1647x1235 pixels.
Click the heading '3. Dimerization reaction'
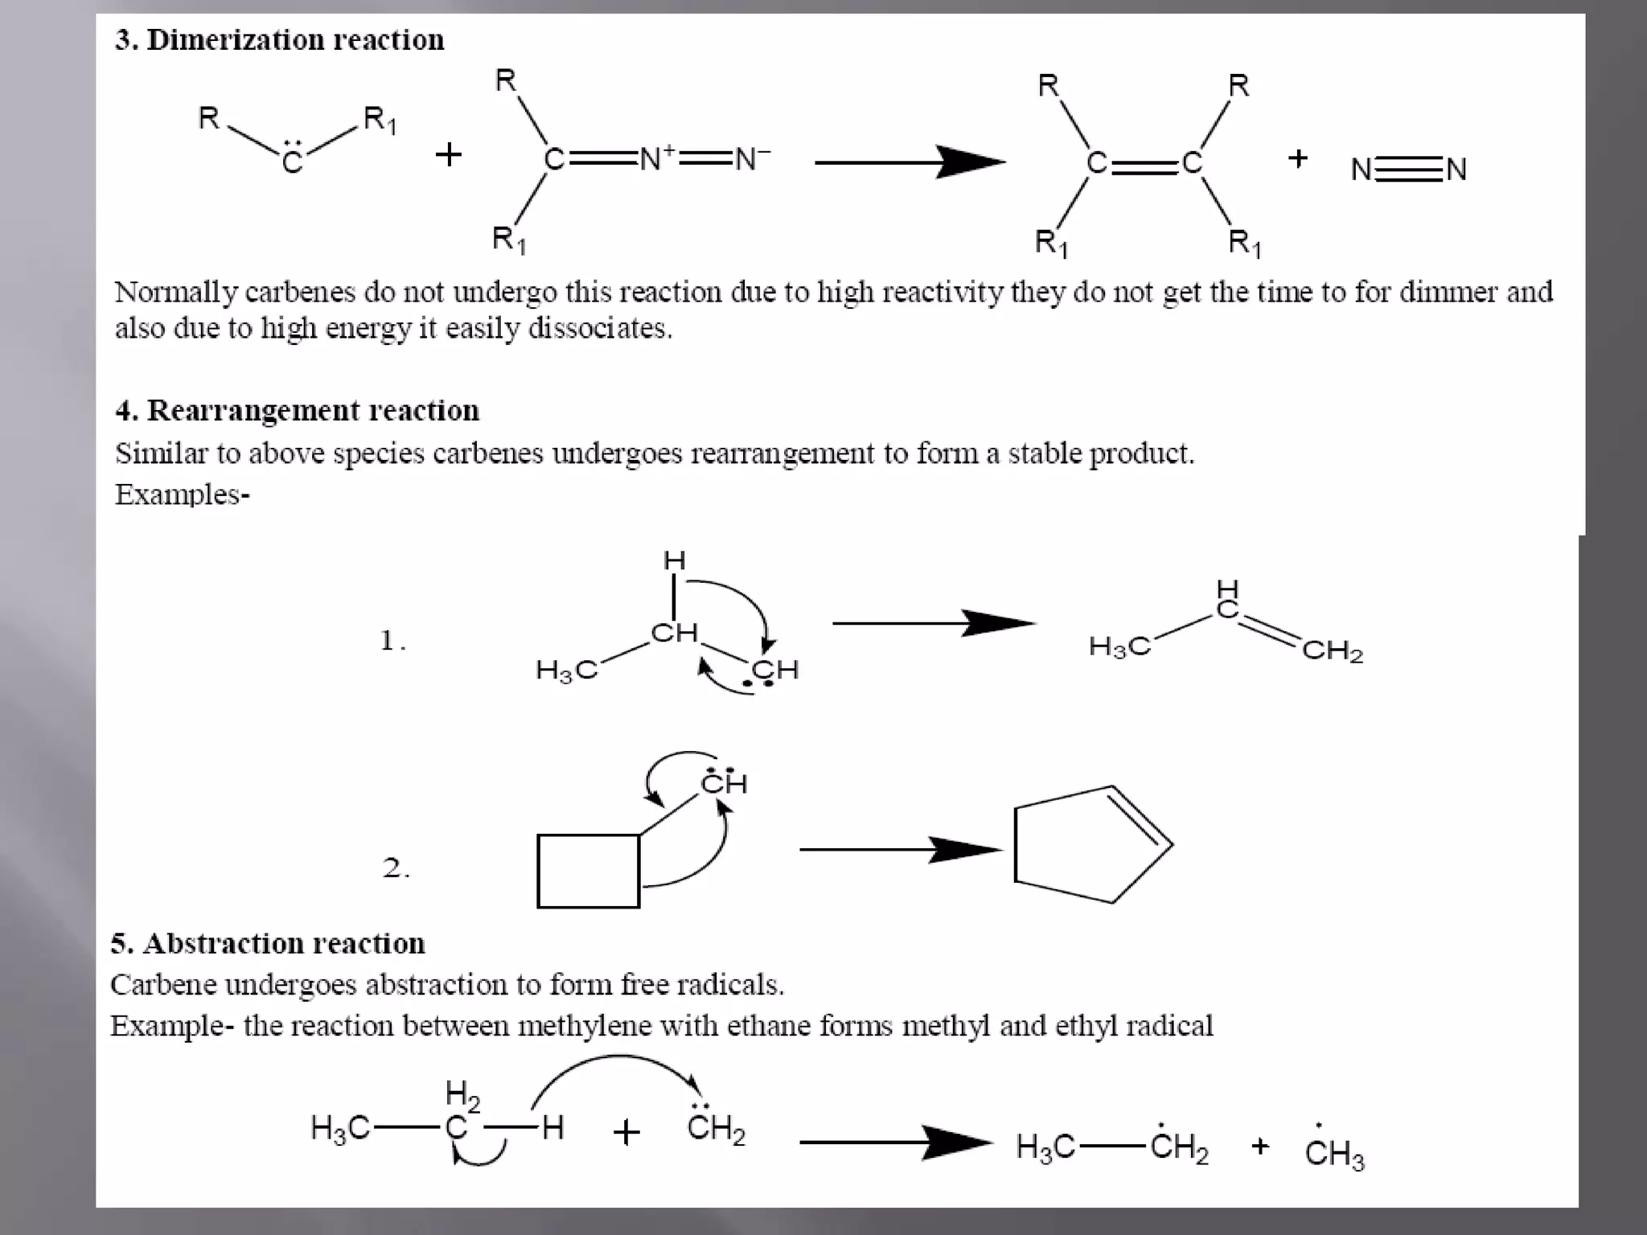pos(279,40)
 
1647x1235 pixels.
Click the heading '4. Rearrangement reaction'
pos(297,411)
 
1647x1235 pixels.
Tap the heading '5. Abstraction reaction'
pos(268,943)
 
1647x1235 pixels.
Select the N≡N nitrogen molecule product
pos(1409,170)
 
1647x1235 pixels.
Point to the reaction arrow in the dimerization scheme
pos(909,162)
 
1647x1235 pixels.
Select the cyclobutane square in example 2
pos(588,872)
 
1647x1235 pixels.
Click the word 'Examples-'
pos(183,494)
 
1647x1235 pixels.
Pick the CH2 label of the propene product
pos(1333,650)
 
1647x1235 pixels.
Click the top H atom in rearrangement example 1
pos(674,560)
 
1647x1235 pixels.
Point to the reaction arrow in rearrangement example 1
pos(933,623)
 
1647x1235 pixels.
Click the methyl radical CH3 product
pos(1334,1152)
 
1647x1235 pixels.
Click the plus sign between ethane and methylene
pos(626,1133)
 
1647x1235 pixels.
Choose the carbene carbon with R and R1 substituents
pos(292,160)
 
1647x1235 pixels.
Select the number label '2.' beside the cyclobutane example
pos(396,868)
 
